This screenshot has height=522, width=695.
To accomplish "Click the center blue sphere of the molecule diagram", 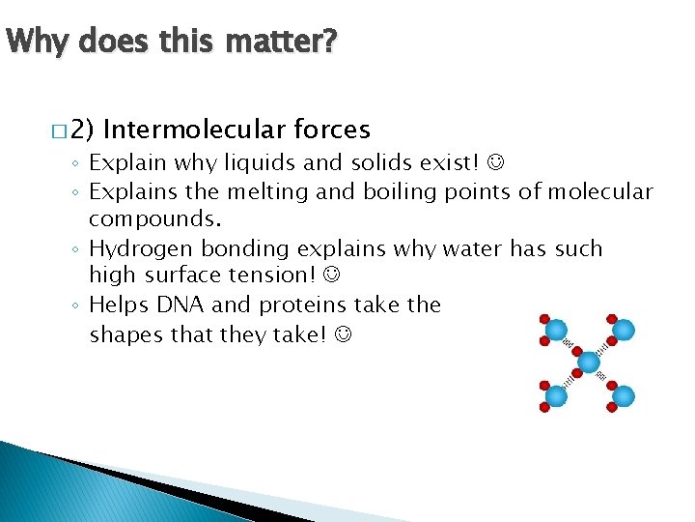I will click(x=589, y=363).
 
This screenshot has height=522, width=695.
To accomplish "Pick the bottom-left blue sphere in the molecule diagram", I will click(x=556, y=395).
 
